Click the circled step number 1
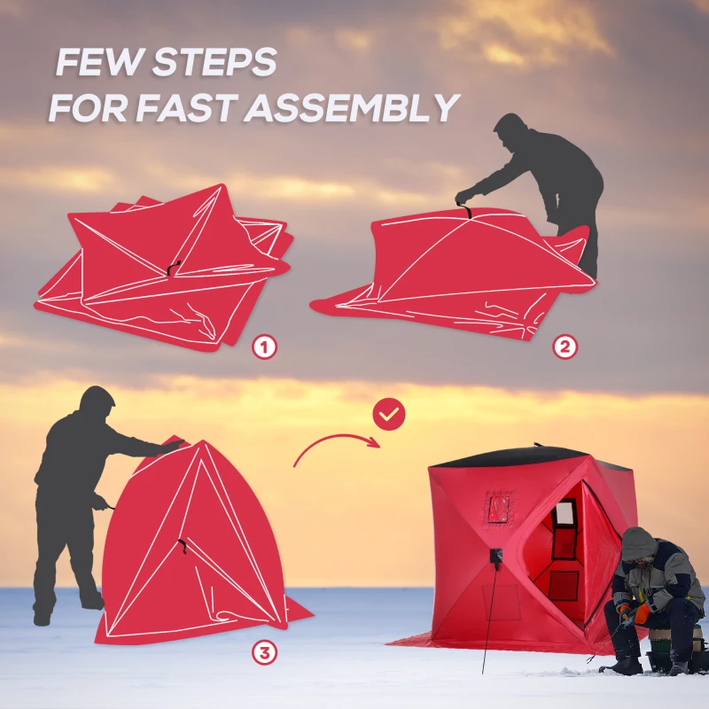tap(263, 347)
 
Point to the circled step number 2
tap(565, 347)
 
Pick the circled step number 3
tap(263, 653)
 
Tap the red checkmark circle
tap(388, 413)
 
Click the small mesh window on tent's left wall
tap(499, 510)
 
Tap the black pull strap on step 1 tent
tap(173, 266)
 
